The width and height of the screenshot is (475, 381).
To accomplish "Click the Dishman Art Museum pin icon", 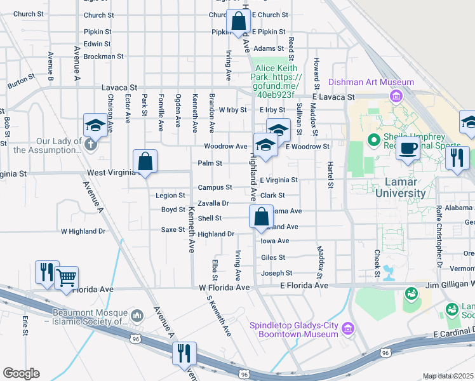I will pyautogui.click(x=396, y=96).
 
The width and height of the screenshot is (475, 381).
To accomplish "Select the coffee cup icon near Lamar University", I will pyautogui.click(x=407, y=149).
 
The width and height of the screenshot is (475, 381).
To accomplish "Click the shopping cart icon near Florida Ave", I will pyautogui.click(x=66, y=277).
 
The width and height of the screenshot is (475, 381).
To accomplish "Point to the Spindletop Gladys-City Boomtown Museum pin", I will pyautogui.click(x=347, y=328).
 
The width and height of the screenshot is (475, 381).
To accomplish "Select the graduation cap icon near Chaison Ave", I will pyautogui.click(x=95, y=125).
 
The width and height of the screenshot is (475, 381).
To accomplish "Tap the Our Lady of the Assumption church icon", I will pyautogui.click(x=90, y=144).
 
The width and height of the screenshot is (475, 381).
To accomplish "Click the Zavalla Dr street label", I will pyautogui.click(x=213, y=203).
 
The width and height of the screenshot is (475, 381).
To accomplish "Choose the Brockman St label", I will pyautogui.click(x=104, y=56).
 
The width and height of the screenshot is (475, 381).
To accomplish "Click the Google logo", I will pyautogui.click(x=21, y=373).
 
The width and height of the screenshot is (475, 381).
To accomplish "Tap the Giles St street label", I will pyautogui.click(x=273, y=258).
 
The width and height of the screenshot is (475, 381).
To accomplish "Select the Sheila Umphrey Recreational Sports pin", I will pyautogui.click(x=373, y=138).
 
